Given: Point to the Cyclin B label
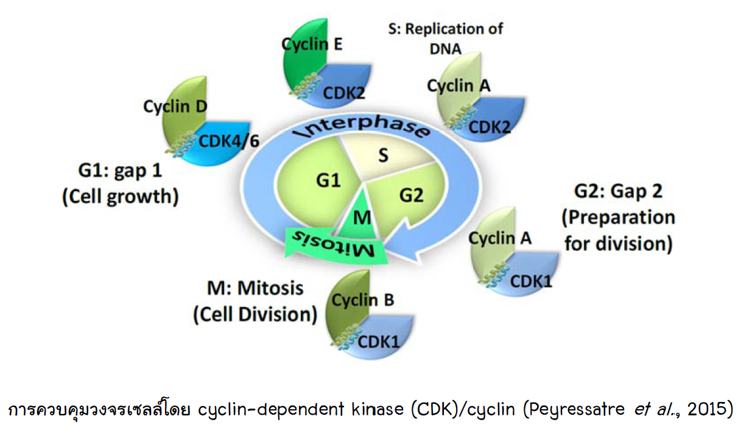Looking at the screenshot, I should (x=362, y=300).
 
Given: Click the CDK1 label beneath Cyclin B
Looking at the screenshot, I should (x=379, y=340).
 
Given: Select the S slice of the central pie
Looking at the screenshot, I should (x=382, y=156).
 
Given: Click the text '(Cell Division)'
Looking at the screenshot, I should (x=255, y=314).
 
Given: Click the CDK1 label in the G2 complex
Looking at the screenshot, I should (x=530, y=281).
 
